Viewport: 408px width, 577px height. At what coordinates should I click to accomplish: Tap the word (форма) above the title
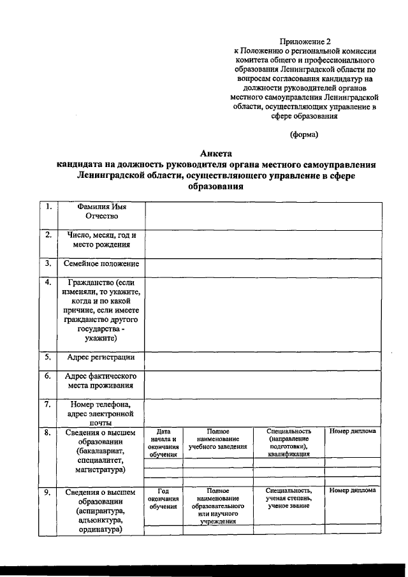303,134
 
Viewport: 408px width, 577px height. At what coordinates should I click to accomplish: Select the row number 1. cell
48,207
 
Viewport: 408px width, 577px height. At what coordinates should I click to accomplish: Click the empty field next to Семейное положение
263,264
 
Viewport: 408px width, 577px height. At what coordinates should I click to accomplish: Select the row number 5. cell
48,357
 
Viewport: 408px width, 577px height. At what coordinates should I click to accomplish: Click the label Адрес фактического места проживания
102,381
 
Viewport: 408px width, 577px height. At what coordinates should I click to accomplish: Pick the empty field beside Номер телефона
263,413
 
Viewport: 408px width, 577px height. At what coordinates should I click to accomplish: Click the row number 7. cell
48,404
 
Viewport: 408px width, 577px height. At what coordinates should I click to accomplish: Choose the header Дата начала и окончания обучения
163,442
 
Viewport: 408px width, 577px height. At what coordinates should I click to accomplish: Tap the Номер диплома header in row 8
353,432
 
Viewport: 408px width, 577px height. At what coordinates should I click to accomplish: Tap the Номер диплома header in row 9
353,491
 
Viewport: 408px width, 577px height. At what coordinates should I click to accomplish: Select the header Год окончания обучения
163,498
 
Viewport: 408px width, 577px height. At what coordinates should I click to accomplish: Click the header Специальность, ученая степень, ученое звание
289,498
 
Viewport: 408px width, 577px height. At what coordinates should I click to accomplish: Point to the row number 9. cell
48,492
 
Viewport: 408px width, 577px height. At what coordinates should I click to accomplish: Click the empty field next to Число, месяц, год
263,240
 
